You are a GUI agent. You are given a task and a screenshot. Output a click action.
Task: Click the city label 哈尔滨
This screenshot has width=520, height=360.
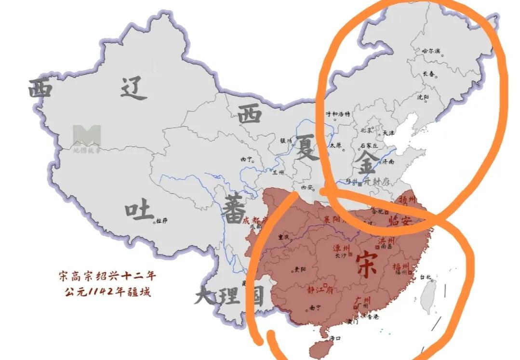(x=431, y=51)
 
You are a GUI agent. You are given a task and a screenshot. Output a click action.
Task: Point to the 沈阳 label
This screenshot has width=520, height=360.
(x=423, y=97)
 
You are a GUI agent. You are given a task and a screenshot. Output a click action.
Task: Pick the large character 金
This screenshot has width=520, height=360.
(x=367, y=164)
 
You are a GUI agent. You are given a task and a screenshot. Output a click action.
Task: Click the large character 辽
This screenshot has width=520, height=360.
(x=133, y=88)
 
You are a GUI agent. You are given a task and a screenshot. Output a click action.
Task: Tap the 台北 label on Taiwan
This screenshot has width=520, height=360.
(x=426, y=277)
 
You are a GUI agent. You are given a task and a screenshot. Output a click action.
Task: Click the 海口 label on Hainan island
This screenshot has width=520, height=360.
(x=335, y=338)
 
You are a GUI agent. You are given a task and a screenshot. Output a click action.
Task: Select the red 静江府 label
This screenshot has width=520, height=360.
(x=320, y=290)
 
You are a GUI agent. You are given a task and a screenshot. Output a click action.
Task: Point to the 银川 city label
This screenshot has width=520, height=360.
(x=286, y=141)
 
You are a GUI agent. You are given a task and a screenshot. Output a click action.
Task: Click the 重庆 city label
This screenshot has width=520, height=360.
(x=284, y=237)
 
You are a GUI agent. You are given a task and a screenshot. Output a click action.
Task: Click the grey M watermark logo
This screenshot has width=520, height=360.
(x=87, y=135)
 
